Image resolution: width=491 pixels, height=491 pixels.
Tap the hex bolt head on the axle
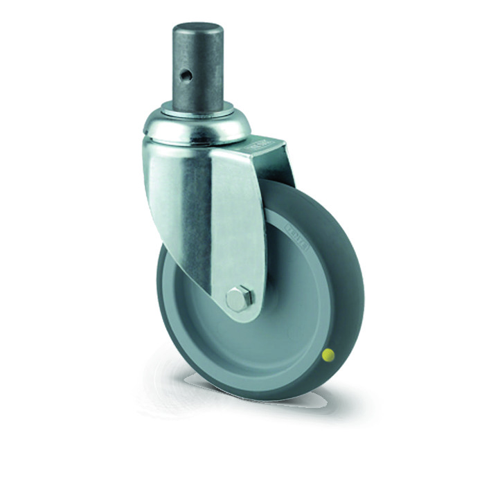[x=238, y=298]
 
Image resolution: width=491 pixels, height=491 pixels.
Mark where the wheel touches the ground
[x=277, y=398]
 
